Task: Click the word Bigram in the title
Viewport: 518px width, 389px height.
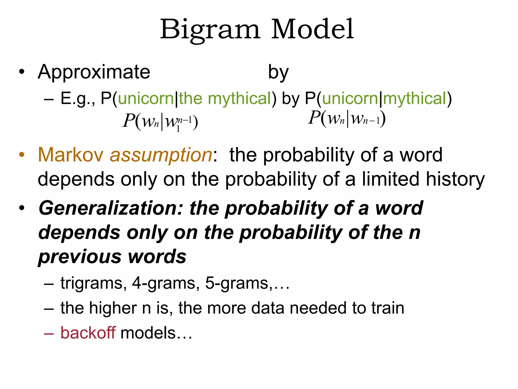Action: click(x=210, y=30)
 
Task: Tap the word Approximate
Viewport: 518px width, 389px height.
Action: click(x=94, y=72)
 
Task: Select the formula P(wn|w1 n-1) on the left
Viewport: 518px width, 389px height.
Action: click(x=160, y=122)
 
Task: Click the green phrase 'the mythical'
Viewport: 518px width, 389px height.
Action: click(x=225, y=99)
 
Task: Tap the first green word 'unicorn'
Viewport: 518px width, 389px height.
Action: click(x=146, y=99)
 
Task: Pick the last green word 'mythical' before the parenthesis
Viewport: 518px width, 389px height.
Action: click(x=415, y=99)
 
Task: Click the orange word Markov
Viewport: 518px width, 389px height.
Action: click(x=71, y=155)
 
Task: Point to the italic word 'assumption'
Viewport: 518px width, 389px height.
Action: click(x=161, y=155)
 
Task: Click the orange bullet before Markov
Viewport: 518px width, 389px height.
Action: click(x=22, y=154)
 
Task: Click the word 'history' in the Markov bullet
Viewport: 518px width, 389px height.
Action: click(x=455, y=179)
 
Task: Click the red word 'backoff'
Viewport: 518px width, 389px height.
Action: click(x=88, y=333)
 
